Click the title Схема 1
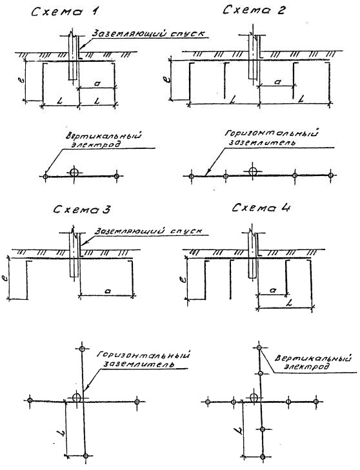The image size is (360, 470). click(65, 12)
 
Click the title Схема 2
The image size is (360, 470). click(254, 10)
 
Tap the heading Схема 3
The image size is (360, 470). click(82, 210)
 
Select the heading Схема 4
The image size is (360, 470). click(261, 208)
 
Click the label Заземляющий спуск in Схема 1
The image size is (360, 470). click(148, 33)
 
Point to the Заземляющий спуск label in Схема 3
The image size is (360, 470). click(148, 231)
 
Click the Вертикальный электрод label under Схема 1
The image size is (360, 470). click(103, 140)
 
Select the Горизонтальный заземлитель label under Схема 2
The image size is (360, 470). click(271, 137)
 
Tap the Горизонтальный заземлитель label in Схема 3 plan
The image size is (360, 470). click(143, 359)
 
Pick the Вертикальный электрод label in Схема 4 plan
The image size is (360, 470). click(313, 362)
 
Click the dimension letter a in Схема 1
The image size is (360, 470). click(97, 84)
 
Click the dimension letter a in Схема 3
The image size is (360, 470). click(108, 291)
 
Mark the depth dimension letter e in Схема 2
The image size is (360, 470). click(167, 80)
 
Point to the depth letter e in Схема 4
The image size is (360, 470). click(184, 279)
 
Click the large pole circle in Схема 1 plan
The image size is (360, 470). click(74, 172)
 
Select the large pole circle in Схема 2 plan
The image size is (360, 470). click(253, 171)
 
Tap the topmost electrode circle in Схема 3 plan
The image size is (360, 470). click(82, 349)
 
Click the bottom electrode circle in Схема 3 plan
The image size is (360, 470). click(86, 456)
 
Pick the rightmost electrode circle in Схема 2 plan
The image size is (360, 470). click(330, 175)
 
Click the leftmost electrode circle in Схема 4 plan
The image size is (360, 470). click(208, 402)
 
